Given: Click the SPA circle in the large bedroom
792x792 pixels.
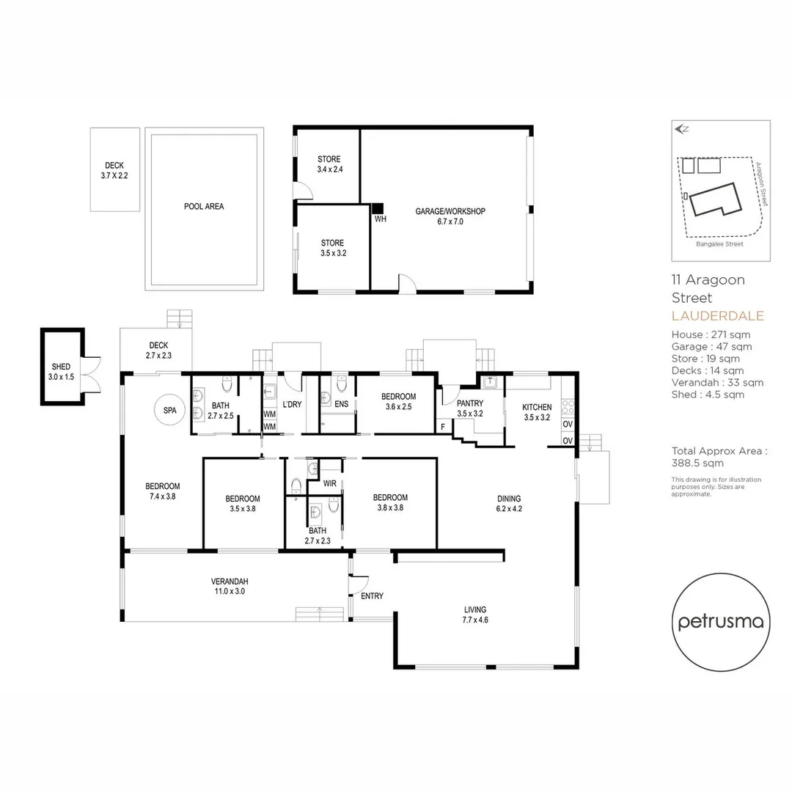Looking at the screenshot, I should tap(169, 411).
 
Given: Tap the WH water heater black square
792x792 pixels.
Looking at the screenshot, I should tap(378, 208).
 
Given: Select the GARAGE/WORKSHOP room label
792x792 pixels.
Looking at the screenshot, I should tap(450, 211).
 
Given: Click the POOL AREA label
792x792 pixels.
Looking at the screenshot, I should tap(204, 207).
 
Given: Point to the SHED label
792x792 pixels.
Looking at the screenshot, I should tap(61, 367).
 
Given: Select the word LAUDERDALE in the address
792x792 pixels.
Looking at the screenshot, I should tap(717, 316).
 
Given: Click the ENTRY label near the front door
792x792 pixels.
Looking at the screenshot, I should tap(372, 596).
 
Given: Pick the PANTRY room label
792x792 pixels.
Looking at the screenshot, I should tap(469, 403).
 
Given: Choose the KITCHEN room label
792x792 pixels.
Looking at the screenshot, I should tap(537, 407).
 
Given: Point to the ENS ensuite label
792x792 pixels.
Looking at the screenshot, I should tap(341, 403).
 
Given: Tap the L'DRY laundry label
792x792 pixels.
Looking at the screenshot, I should tap(292, 404).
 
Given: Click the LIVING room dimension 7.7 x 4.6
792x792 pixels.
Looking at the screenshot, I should tap(475, 620).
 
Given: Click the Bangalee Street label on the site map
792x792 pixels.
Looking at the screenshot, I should tap(719, 244).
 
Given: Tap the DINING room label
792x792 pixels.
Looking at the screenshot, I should tap(507, 499).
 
